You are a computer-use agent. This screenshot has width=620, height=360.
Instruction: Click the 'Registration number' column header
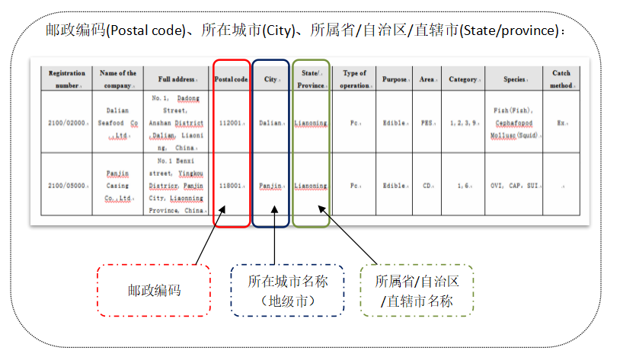66,79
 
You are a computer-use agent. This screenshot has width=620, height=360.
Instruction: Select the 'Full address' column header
175,79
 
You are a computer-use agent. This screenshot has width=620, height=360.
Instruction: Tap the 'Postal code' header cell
231,79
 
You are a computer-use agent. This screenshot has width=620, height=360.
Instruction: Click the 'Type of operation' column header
354,79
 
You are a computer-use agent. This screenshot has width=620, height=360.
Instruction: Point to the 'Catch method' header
561,79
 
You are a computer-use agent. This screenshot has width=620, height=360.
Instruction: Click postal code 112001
231,122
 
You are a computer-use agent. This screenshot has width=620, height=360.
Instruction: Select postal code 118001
231,185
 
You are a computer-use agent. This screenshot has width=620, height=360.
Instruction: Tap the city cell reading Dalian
270,122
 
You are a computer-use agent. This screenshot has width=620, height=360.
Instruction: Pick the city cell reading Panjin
270,185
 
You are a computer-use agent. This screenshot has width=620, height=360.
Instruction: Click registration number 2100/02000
67,122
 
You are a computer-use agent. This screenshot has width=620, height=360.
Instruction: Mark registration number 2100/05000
67,185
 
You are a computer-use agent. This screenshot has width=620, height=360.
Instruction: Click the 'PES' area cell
427,122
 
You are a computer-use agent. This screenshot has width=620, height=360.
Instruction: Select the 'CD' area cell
427,185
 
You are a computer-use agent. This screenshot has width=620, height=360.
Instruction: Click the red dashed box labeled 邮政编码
154,290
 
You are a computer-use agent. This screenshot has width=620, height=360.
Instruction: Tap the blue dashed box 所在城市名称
287,290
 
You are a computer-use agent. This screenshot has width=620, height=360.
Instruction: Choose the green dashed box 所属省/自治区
417,290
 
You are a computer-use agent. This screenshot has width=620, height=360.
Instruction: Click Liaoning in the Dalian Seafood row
311,122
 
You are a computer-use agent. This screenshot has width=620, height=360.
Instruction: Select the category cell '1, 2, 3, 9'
462,122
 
